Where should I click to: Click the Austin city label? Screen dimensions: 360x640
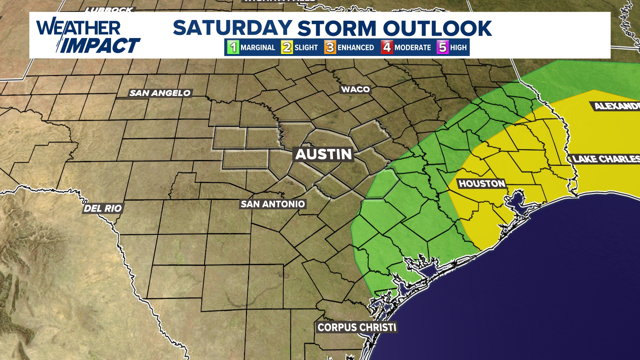323,154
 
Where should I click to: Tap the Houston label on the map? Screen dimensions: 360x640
482,184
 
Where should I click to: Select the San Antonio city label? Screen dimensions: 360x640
273,204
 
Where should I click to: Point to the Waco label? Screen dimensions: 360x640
355,89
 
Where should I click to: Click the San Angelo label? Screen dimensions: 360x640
160,93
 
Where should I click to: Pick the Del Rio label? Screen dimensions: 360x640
103,209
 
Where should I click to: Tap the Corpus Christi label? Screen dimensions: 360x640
357,327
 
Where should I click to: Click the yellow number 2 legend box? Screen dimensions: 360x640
287,47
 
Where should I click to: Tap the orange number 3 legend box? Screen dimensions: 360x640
330,47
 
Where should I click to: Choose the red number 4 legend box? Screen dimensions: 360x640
387,47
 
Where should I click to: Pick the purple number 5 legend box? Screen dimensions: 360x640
443,47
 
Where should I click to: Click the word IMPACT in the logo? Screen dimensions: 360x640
100,45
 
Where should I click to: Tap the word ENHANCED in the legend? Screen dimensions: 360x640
356,48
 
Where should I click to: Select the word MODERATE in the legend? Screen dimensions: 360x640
413,48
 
